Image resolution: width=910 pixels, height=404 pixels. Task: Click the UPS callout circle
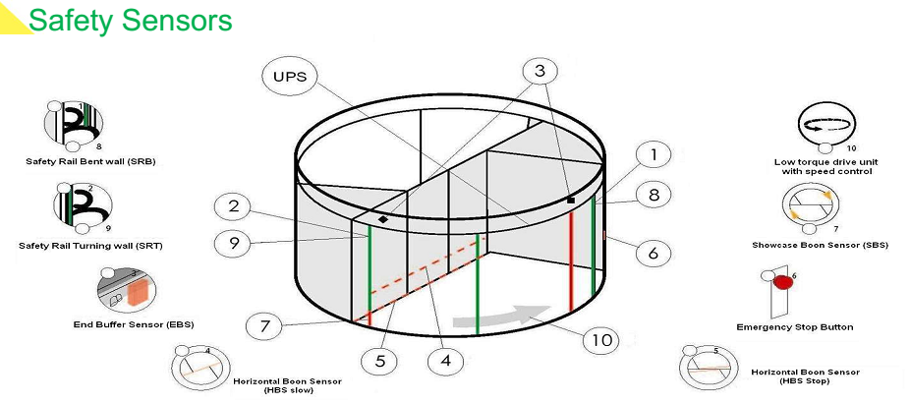291,76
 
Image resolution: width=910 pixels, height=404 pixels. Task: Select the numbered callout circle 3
540,71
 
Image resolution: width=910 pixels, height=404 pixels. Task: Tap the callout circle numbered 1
654,155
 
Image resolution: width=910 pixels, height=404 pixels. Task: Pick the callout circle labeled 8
654,195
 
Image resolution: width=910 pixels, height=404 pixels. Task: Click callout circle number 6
654,253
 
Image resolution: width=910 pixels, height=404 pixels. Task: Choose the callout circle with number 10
601,339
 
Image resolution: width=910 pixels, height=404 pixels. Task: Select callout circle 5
380,361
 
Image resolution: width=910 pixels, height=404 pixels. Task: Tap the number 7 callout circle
264,325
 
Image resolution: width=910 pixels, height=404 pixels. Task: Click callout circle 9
233,242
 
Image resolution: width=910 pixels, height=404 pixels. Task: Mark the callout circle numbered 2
233,206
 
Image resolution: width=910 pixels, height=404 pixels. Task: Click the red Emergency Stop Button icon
782,282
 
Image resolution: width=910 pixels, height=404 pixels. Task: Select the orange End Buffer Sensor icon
140,293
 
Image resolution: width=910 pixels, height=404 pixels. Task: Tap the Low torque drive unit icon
825,126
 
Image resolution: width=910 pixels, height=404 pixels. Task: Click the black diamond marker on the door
383,219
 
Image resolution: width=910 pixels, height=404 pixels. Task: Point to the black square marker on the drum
571,201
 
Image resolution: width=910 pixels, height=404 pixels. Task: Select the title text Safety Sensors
131,21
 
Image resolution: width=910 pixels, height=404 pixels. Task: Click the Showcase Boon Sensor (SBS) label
820,245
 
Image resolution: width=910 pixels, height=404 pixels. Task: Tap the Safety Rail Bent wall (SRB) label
90,161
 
